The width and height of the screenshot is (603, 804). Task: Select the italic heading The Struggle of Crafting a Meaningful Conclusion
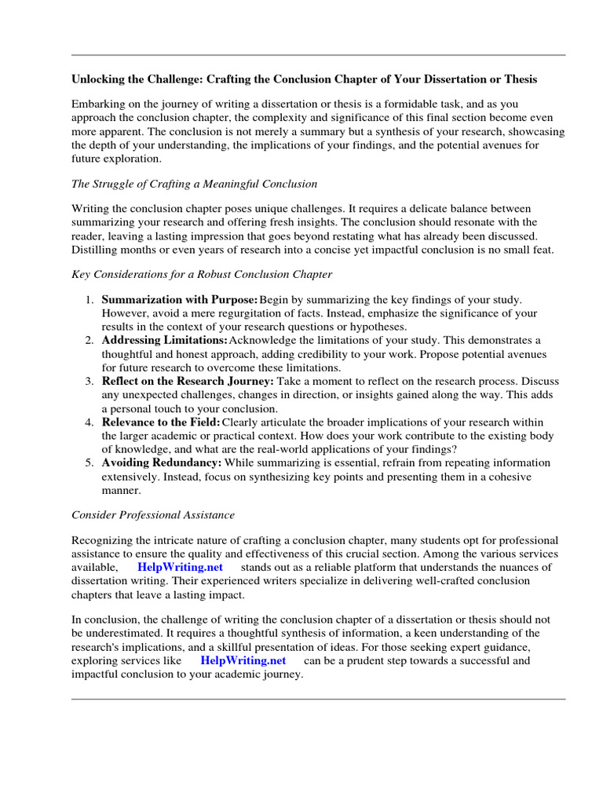(x=194, y=184)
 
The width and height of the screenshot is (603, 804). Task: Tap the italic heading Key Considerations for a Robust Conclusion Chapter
(x=202, y=274)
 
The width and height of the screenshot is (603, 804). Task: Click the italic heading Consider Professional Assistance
(x=153, y=515)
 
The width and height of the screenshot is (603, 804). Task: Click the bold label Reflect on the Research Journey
(x=188, y=381)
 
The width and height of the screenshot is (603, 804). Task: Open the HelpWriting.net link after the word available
(x=180, y=567)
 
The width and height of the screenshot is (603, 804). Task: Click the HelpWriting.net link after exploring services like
(x=243, y=660)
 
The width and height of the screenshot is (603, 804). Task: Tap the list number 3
(x=90, y=381)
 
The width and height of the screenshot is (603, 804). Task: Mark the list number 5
(x=90, y=462)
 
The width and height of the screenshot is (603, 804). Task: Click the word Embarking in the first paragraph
(x=98, y=104)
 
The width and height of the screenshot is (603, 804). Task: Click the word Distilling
(x=95, y=250)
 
